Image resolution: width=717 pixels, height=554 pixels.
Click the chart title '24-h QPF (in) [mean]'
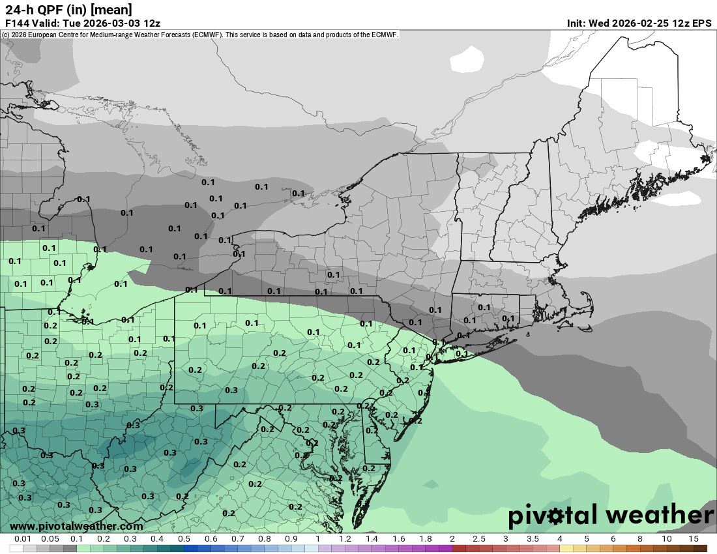click(x=68, y=9)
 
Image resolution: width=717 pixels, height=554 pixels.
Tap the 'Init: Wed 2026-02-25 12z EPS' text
click(x=639, y=23)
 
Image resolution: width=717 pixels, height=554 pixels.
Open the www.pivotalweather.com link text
click(x=76, y=526)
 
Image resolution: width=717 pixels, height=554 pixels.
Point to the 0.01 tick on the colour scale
click(x=23, y=539)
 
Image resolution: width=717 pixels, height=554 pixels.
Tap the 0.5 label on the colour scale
click(x=184, y=539)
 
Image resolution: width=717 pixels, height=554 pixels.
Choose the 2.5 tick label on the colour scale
click(x=478, y=539)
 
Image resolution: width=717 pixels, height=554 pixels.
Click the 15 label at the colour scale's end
click(x=694, y=539)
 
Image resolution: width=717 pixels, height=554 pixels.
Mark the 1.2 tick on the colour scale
click(x=345, y=539)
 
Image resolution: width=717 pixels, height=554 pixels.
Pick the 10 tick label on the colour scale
click(x=667, y=539)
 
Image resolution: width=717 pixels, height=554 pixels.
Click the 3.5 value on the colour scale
click(x=533, y=539)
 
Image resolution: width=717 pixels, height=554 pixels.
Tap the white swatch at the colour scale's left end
click(x=16, y=548)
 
